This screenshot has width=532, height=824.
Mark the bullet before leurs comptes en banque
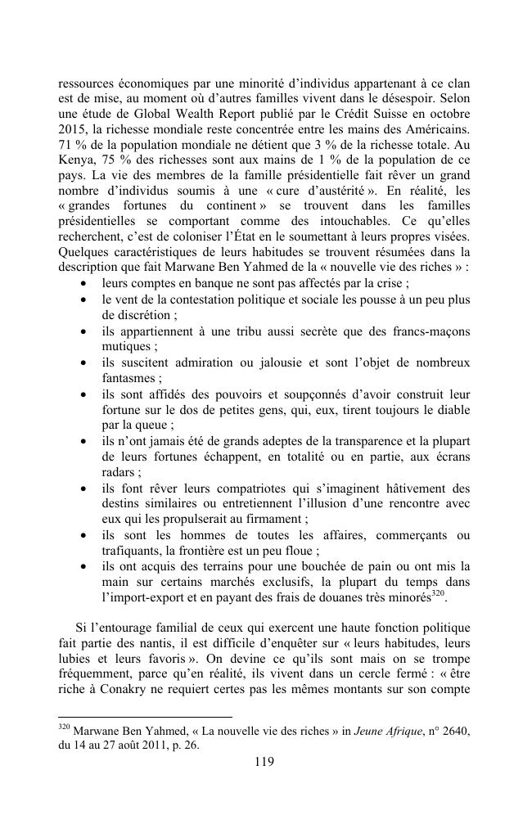pos(85,283)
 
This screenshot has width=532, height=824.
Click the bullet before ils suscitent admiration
pos(85,363)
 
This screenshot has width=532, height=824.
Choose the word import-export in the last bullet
pos(142,596)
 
